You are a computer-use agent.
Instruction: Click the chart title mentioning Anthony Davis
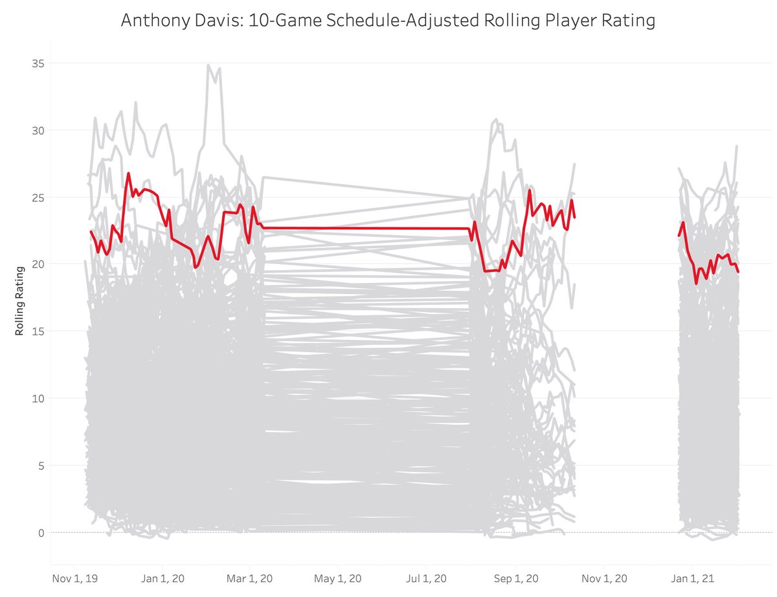388,21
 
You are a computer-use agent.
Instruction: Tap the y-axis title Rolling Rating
19,300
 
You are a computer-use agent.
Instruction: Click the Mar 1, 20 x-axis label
249,576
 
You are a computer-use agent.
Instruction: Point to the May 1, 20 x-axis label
337,576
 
